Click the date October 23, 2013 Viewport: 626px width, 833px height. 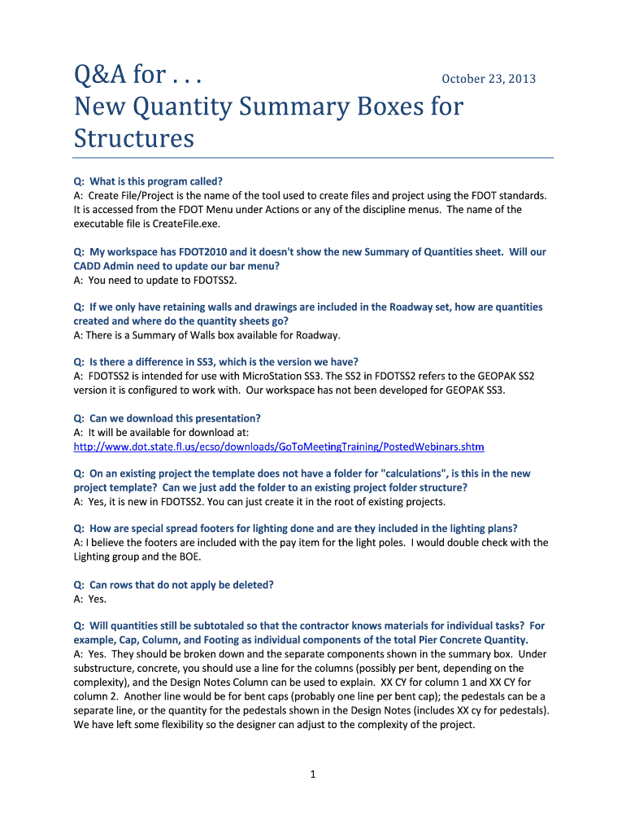[488, 79]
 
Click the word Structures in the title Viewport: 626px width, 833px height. [134, 137]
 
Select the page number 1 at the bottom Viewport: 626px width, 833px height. [312, 774]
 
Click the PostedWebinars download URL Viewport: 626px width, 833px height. [279, 447]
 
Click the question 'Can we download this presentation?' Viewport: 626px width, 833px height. [175, 418]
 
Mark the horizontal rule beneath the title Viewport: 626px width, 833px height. [313, 157]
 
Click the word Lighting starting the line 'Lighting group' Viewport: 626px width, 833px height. [93, 556]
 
